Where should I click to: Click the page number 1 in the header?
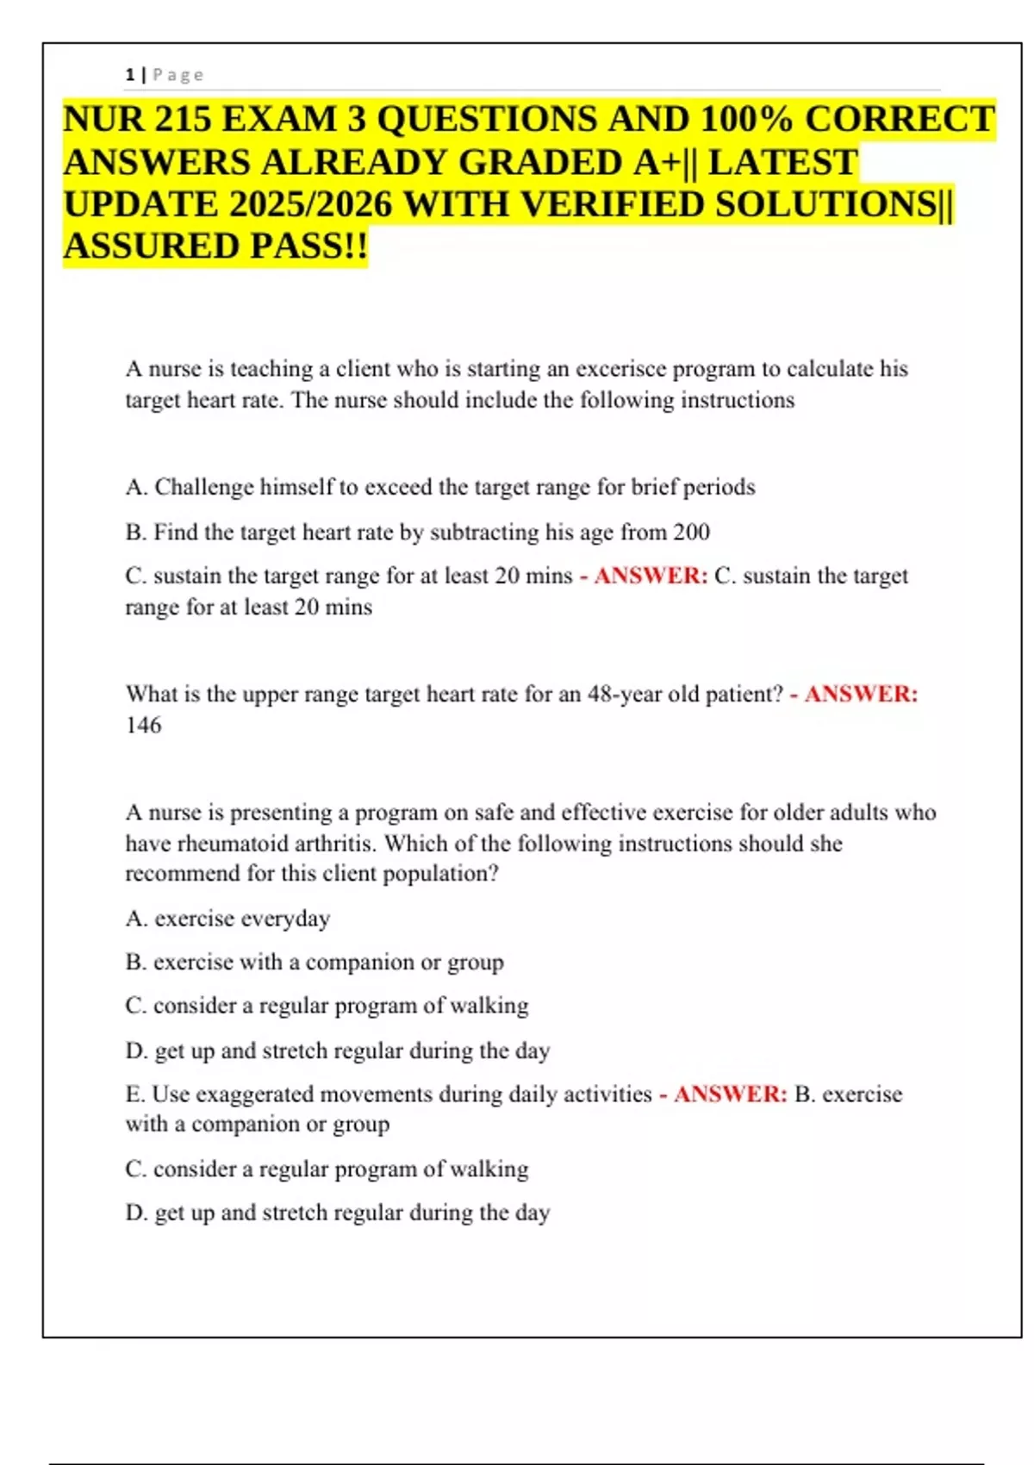[x=130, y=75]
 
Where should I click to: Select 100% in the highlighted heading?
[x=746, y=119]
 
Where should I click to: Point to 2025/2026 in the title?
[x=312, y=204]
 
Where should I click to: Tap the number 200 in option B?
[x=691, y=532]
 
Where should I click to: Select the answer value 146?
[x=143, y=725]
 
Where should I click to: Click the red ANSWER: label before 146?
[x=861, y=694]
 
